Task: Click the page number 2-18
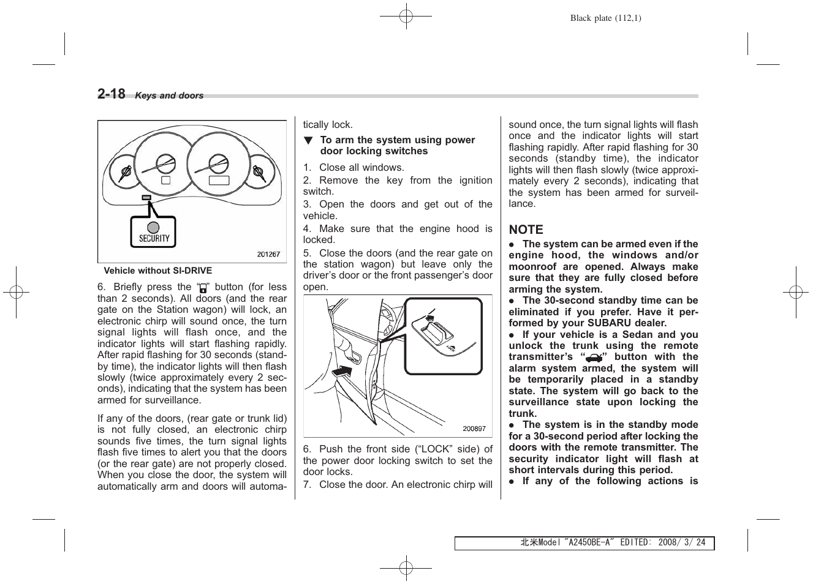click(112, 94)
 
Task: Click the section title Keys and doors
click(169, 96)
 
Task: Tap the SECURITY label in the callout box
click(154, 239)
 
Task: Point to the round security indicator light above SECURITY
click(153, 226)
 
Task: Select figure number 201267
click(268, 255)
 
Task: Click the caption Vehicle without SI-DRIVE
click(158, 271)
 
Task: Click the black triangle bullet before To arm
click(309, 141)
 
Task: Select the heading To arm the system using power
click(397, 140)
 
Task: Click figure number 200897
click(474, 429)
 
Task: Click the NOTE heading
click(526, 230)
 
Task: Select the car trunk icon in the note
click(593, 358)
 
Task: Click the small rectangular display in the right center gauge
click(219, 180)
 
